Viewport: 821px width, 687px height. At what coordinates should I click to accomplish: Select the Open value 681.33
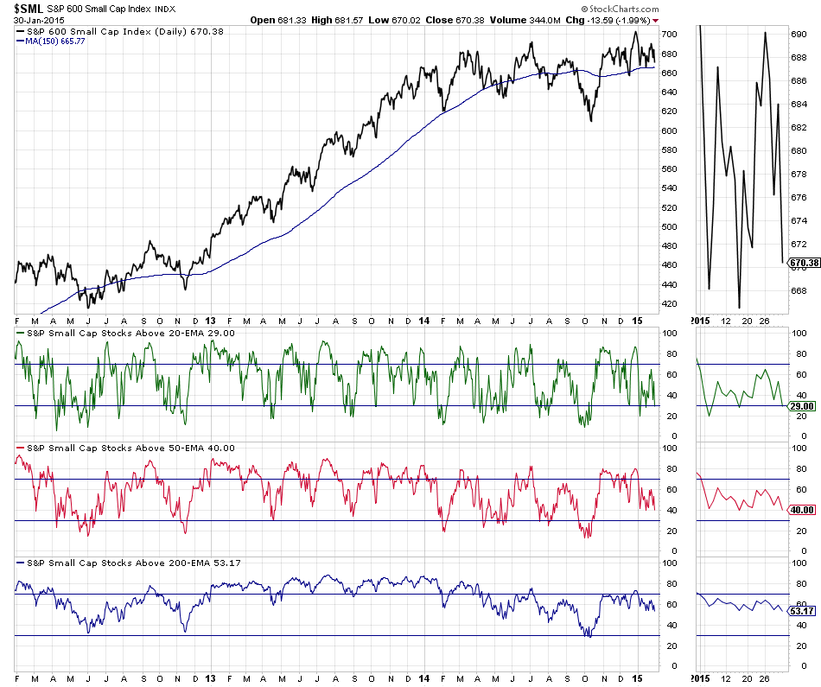point(294,19)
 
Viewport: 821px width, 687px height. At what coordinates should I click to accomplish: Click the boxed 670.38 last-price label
point(804,263)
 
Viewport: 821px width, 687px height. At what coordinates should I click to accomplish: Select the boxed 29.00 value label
point(804,405)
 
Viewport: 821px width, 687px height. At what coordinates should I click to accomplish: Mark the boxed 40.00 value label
point(804,510)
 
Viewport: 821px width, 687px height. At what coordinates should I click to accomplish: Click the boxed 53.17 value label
point(804,611)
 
